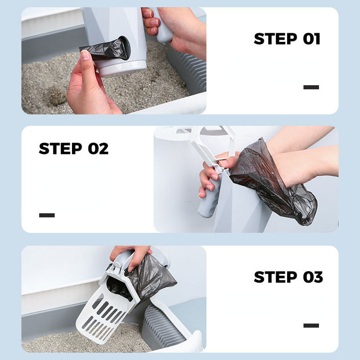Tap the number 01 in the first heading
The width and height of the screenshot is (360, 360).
(x=312, y=39)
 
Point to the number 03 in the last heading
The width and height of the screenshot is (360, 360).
(x=313, y=277)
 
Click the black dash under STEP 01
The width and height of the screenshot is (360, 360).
(x=311, y=87)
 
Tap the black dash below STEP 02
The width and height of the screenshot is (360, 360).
(x=47, y=215)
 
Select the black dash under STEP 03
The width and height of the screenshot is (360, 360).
(x=311, y=325)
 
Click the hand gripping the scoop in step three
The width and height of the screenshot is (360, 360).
(x=132, y=255)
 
